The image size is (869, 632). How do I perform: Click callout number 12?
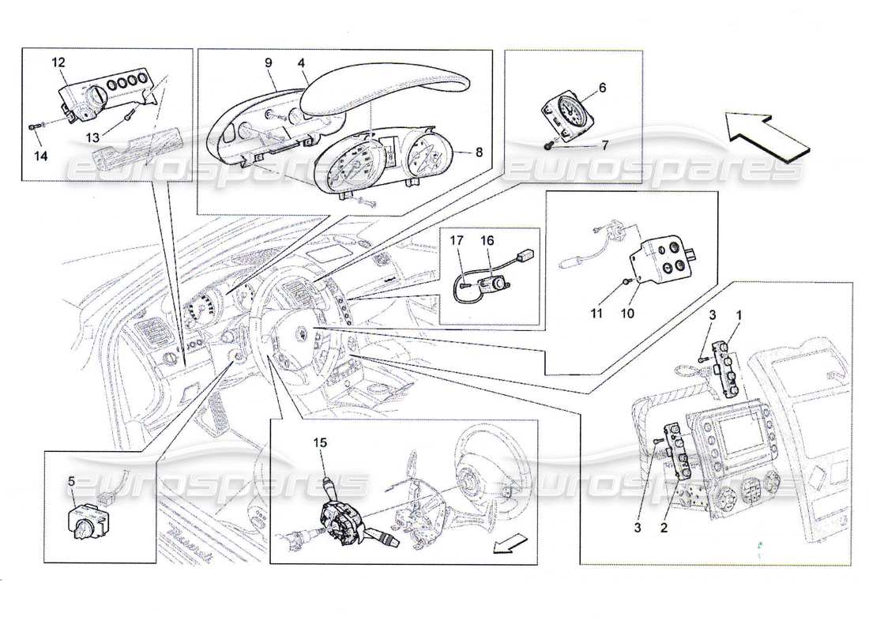[x=59, y=62]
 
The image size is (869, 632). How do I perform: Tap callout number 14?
[x=40, y=156]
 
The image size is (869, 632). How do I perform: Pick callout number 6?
[x=602, y=88]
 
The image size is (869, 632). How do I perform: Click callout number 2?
[x=664, y=525]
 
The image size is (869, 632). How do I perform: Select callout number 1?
[x=739, y=316]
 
